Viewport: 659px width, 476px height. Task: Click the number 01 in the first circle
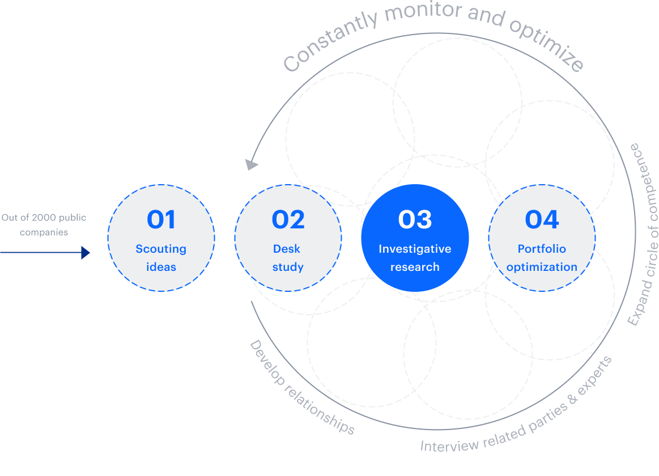(161, 220)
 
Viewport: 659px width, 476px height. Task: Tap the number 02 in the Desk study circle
(288, 220)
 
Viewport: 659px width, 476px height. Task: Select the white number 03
(415, 220)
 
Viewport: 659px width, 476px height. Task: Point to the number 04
(542, 220)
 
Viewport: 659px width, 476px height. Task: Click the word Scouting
(161, 249)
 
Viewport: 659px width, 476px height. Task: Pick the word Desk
(287, 249)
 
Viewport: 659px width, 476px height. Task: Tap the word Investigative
(415, 249)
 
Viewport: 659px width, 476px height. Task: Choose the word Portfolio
(542, 249)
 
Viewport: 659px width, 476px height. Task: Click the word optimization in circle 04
(542, 267)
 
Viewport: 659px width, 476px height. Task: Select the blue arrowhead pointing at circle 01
(86, 253)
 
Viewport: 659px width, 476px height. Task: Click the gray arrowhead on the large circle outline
(251, 164)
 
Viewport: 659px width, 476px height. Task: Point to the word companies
(44, 232)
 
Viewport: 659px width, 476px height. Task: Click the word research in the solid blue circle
(415, 267)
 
